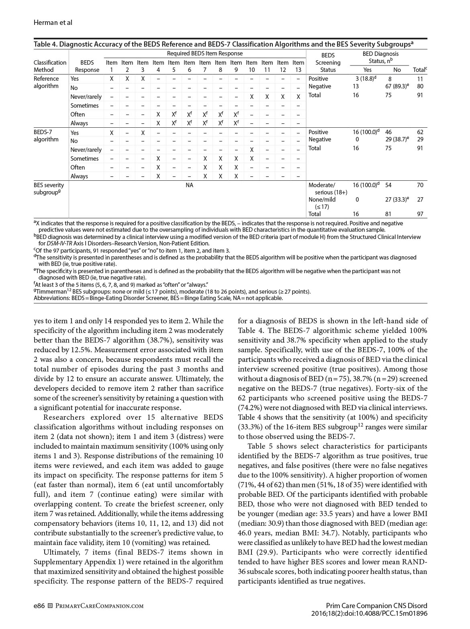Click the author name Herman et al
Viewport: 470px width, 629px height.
click(53, 22)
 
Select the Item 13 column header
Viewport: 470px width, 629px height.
click(298, 66)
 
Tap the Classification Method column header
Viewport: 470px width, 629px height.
click(50, 66)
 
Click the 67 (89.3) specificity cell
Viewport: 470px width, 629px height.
click(398, 86)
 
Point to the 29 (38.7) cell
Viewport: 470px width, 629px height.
click(397, 139)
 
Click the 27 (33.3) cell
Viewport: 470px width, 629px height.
click(397, 199)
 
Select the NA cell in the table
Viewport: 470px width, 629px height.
click(189, 185)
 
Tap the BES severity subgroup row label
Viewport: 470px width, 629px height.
click(49, 189)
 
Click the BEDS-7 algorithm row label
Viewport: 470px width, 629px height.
click(46, 136)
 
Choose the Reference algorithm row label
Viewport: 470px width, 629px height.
click(46, 82)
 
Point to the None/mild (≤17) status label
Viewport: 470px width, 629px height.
click(322, 203)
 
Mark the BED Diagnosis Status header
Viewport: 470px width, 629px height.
click(380, 57)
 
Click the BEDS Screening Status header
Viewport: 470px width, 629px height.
click(328, 62)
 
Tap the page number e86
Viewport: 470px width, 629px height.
click(39, 606)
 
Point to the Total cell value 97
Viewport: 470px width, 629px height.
click(420, 214)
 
